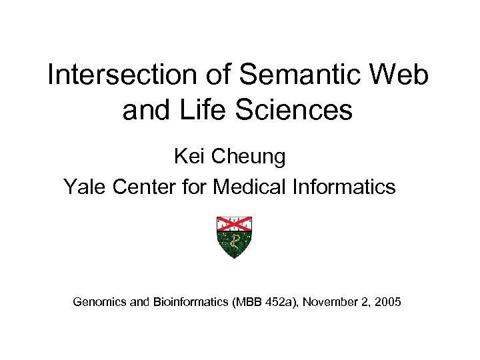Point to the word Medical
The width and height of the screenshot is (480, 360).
tap(249, 187)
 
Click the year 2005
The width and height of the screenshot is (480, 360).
tap(388, 303)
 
